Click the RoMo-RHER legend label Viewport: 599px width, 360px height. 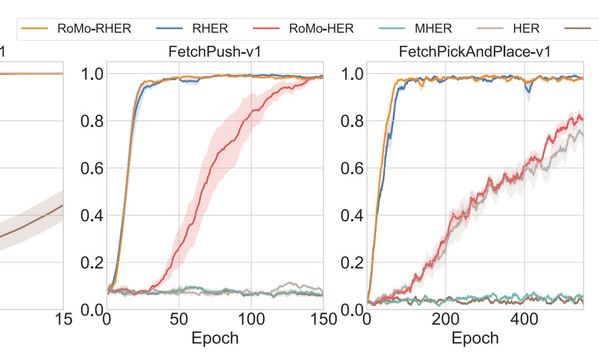94,29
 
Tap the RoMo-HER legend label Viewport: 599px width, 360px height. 322,29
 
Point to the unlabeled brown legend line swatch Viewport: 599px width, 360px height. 582,28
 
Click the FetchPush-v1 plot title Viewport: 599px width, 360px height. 215,53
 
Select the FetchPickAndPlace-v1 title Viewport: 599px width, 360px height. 475,53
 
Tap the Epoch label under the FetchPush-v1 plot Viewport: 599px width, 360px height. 215,338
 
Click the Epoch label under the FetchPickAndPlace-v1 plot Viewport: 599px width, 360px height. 475,338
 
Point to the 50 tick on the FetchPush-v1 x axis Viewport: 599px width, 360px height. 179,320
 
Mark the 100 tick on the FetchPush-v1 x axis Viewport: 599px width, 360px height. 251,320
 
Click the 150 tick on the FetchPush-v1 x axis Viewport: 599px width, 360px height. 322,320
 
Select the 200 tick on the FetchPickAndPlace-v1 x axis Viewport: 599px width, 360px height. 445,320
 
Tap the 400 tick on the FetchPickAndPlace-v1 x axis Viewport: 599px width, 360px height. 525,320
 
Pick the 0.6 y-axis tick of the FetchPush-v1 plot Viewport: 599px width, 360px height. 92,168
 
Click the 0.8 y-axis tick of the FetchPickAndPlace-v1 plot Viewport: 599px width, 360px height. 352,121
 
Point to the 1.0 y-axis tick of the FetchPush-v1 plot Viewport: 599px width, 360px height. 92,74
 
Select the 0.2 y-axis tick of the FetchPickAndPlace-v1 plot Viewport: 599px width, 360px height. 352,262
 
